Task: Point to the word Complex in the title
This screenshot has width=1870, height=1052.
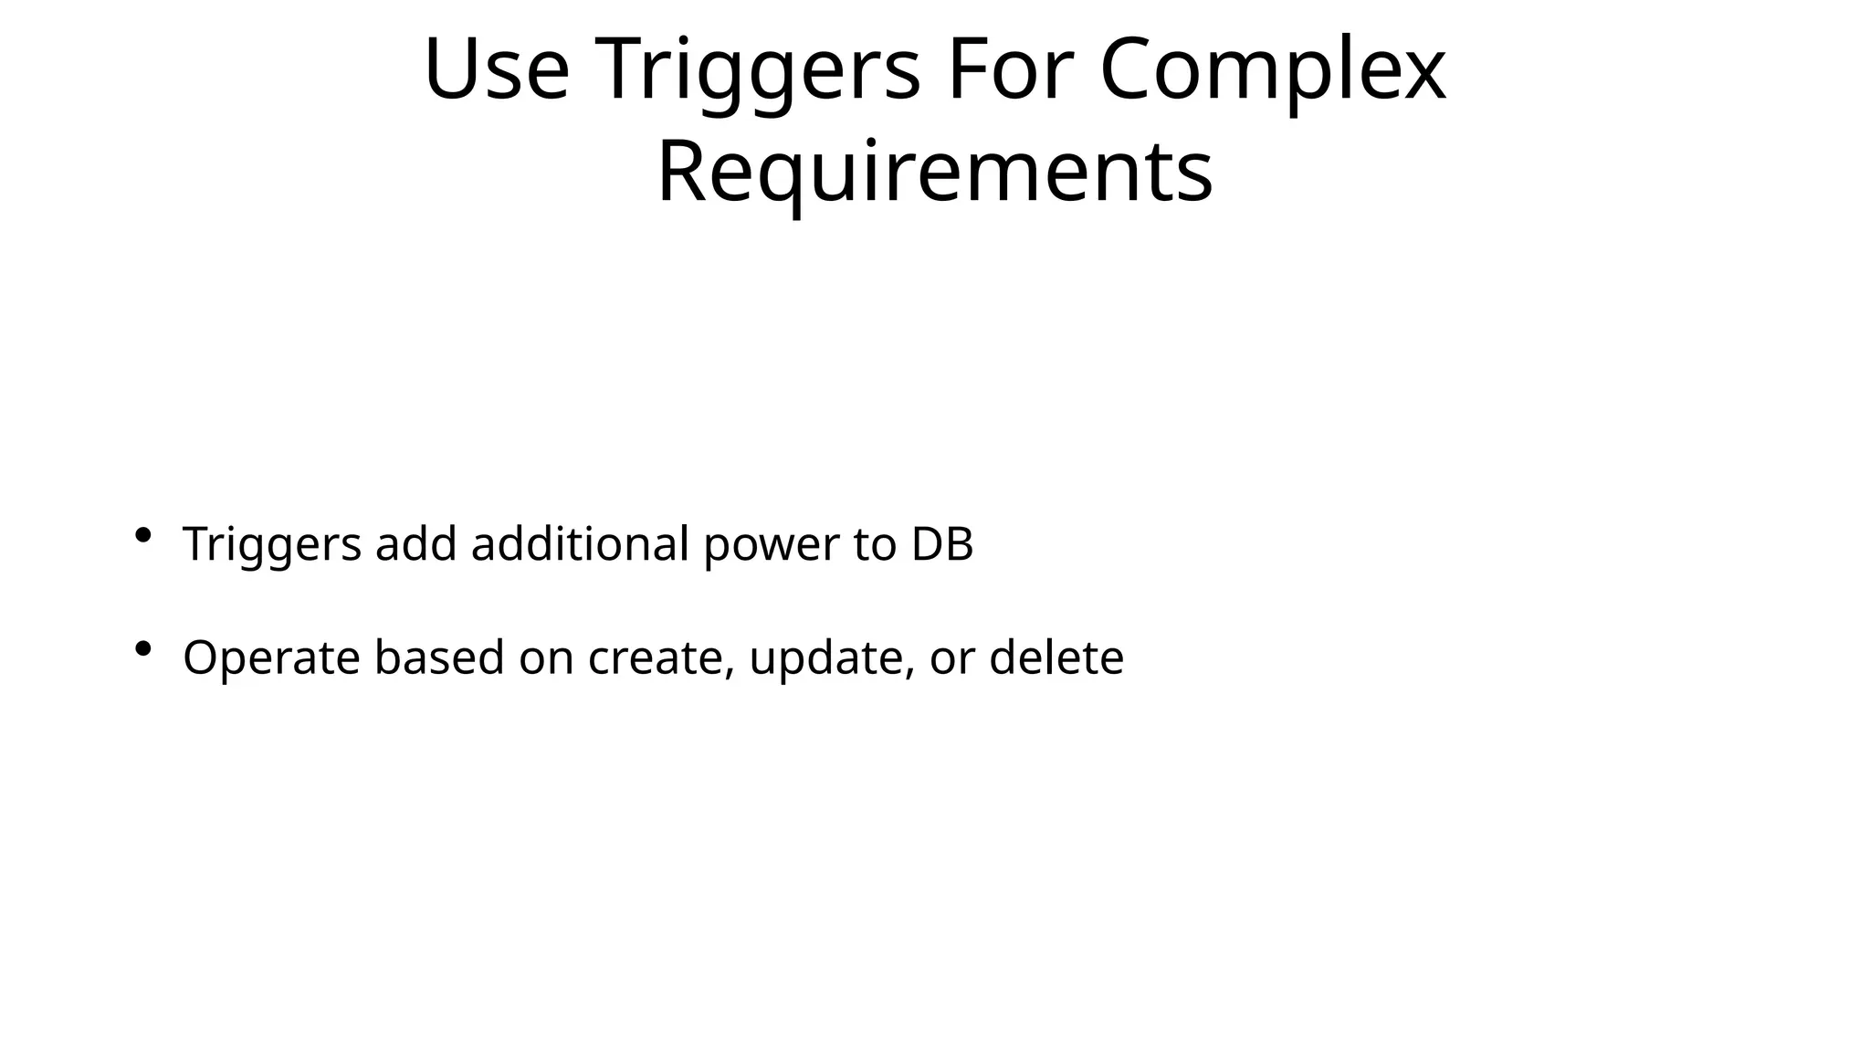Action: pyautogui.click(x=1272, y=70)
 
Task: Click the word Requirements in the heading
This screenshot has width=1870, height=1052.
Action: pyautogui.click(x=934, y=172)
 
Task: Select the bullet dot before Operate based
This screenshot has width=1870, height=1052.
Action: pyautogui.click(x=142, y=649)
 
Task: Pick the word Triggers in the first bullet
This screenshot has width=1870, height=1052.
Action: pyautogui.click(x=272, y=544)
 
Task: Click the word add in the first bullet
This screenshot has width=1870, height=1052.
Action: pyautogui.click(x=415, y=544)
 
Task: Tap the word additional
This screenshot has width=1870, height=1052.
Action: pyautogui.click(x=580, y=544)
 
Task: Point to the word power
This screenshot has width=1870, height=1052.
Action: pyautogui.click(x=771, y=546)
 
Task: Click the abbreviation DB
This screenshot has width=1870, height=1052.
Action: pyautogui.click(x=942, y=544)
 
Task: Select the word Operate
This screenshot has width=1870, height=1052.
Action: pyautogui.click(x=271, y=658)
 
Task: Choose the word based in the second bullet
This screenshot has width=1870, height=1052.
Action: pyautogui.click(x=439, y=657)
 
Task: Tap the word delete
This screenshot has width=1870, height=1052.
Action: pyautogui.click(x=1056, y=657)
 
